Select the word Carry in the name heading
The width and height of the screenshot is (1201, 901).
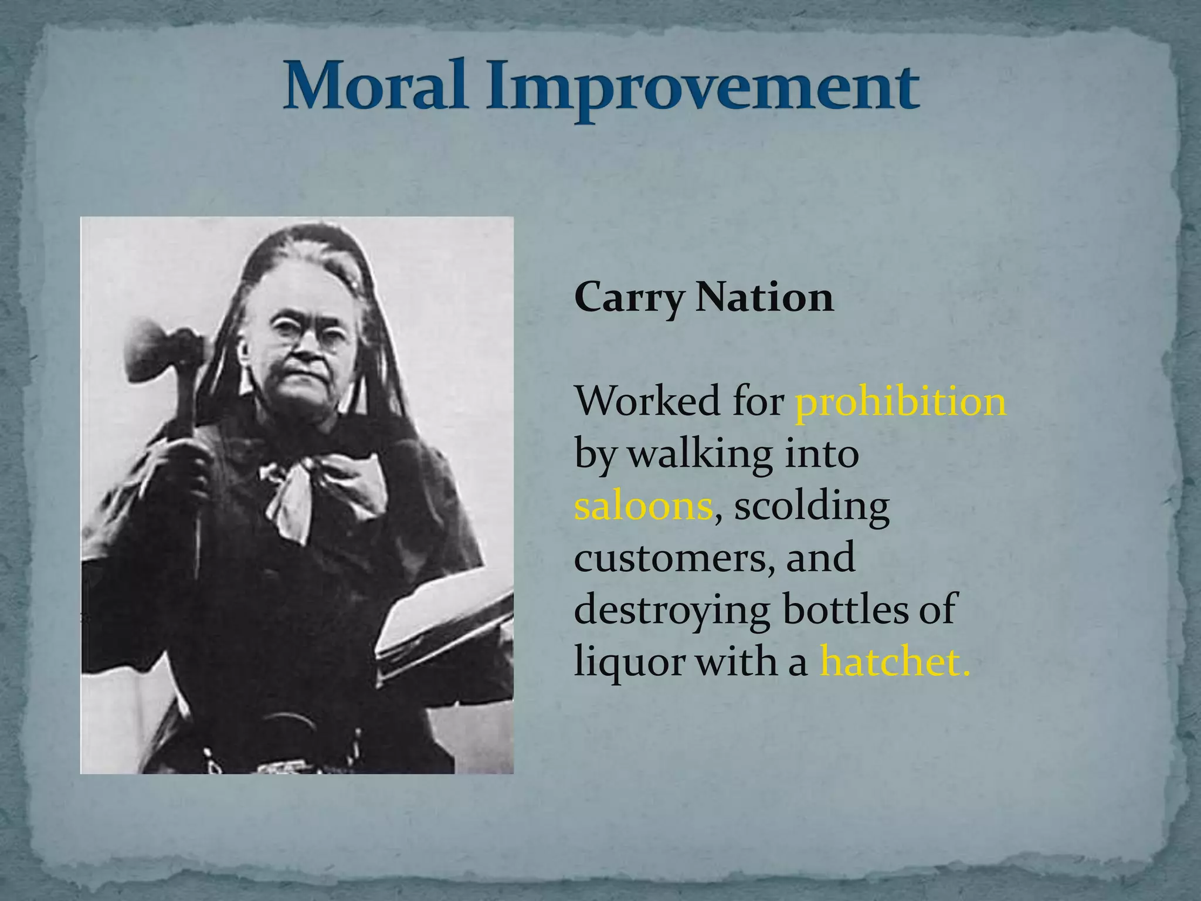629,298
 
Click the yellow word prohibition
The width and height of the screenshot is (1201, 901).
900,402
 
